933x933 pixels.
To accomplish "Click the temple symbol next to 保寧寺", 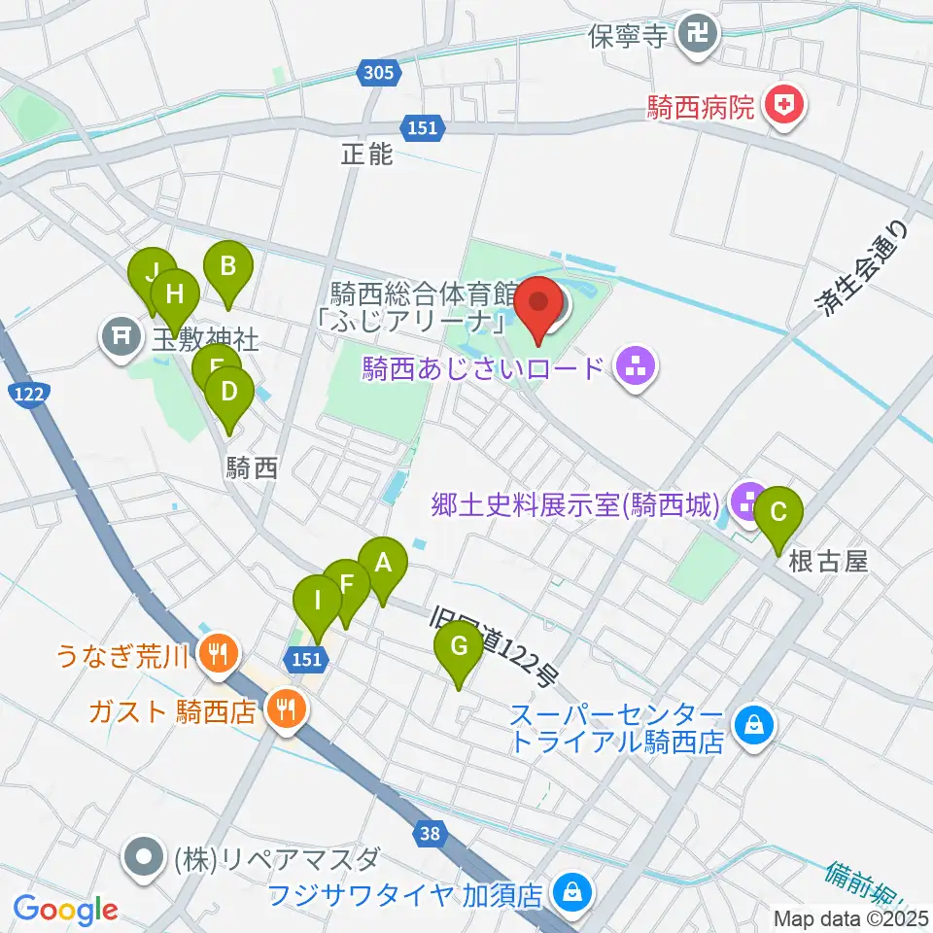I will (698, 36).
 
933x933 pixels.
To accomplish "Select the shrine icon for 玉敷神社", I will (121, 337).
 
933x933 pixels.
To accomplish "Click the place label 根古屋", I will (827, 562).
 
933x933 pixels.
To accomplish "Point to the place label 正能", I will (366, 154).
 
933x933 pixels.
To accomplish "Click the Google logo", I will (65, 910).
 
